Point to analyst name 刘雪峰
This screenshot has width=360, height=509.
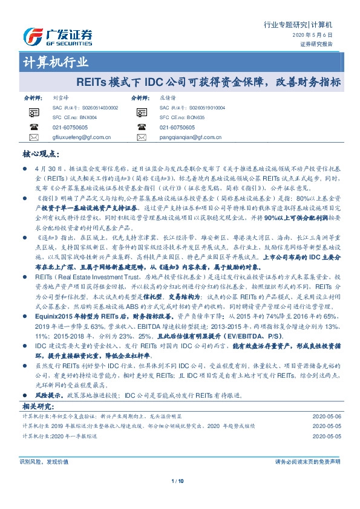pos(61,97)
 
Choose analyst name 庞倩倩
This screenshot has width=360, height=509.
pos(168,97)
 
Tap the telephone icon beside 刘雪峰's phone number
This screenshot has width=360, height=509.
pos(34,128)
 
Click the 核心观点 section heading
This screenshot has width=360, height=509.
pos(39,154)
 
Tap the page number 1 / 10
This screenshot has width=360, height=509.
pos(180,481)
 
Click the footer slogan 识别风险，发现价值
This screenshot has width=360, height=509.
pos(41,461)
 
